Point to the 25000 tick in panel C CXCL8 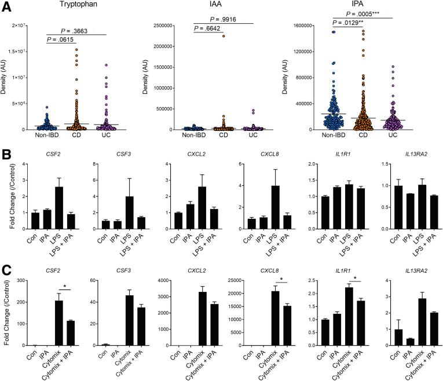click(236, 280)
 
